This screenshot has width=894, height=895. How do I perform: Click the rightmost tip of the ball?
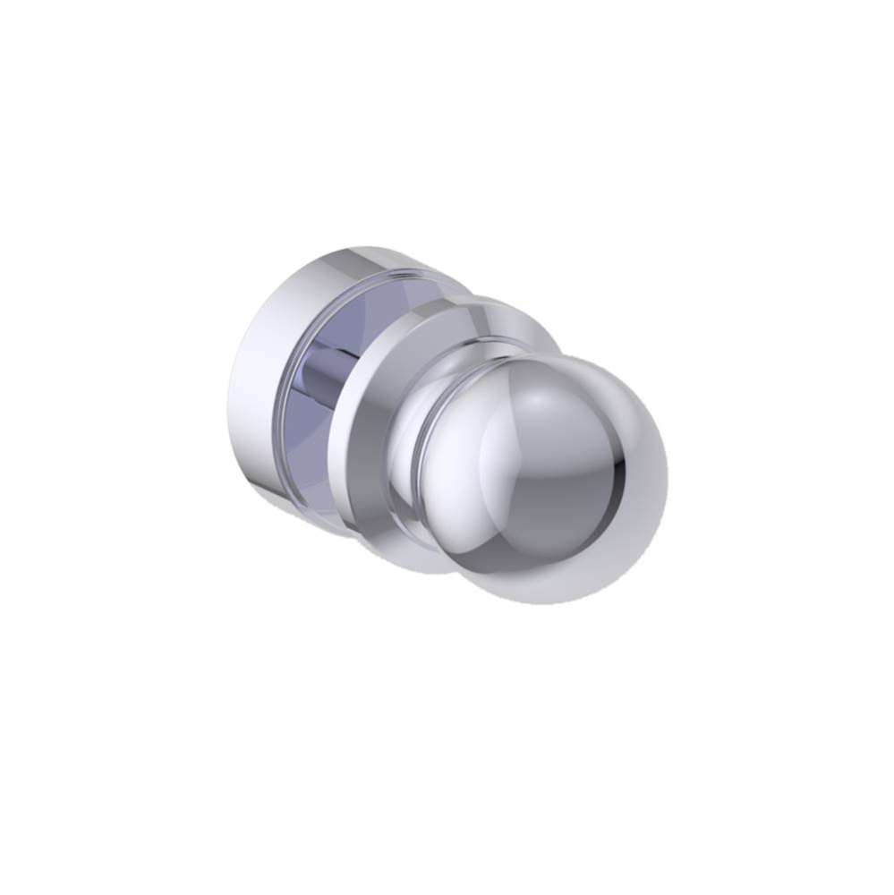tap(668, 474)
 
